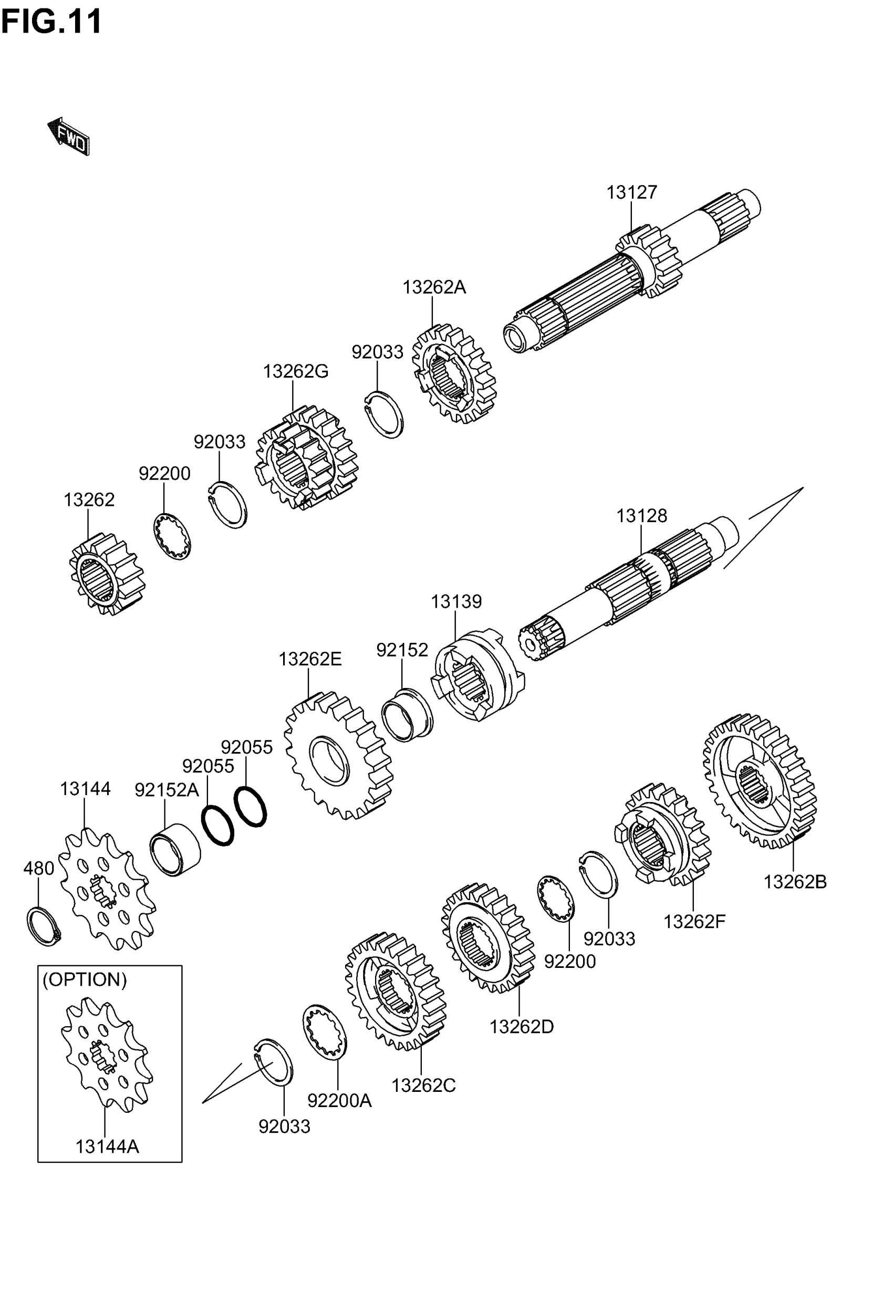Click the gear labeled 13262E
coord(338,756)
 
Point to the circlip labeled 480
coord(43,927)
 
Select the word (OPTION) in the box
coord(85,980)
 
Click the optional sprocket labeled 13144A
coord(106,1053)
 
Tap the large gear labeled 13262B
coord(759,781)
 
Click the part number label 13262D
coord(522,1027)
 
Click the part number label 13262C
coord(423,1086)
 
